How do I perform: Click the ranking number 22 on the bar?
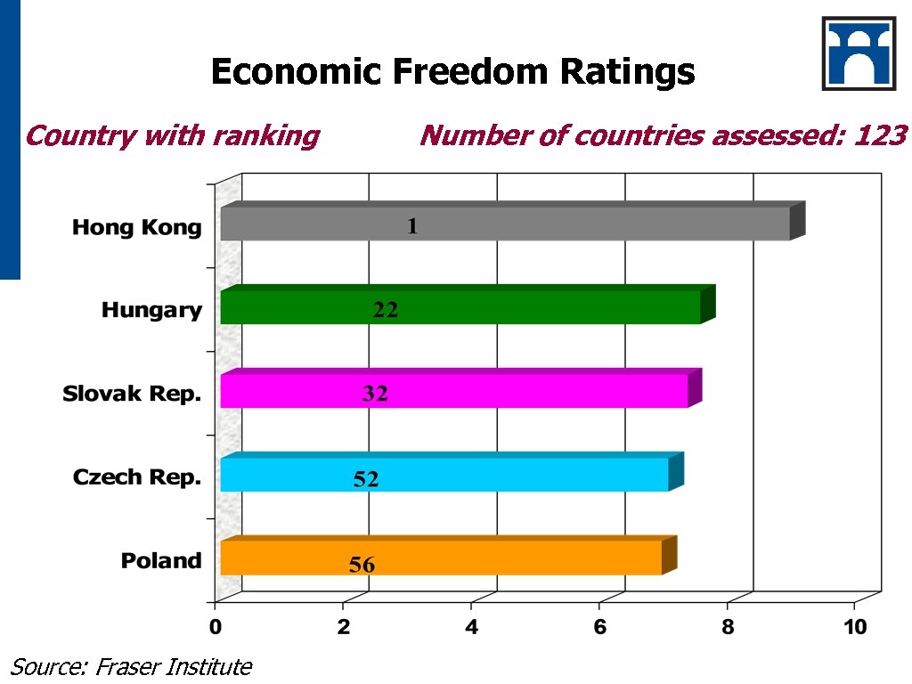(385, 310)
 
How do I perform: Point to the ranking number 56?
(362, 565)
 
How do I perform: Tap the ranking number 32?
(375, 394)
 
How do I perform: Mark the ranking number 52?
(366, 479)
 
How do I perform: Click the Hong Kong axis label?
(137, 228)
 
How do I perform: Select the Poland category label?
(161, 561)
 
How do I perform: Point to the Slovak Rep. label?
(132, 394)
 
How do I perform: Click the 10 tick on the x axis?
(855, 627)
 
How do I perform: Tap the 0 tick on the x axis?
(216, 627)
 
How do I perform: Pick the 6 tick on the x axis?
(599, 627)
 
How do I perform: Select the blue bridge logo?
(859, 53)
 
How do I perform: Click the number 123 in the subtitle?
(880, 136)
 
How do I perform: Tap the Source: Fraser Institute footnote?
(131, 666)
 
